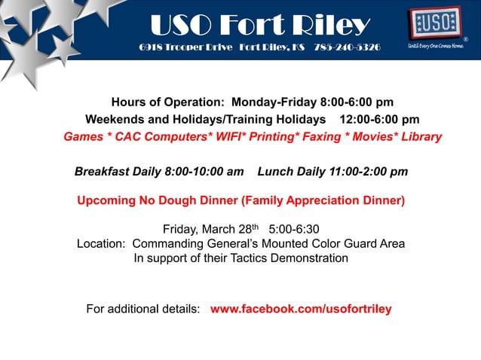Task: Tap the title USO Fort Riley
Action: pyautogui.click(x=260, y=26)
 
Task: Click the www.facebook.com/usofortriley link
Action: pyautogui.click(x=301, y=309)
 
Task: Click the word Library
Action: pyautogui.click(x=418, y=137)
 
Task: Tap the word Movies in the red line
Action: pyautogui.click(x=375, y=137)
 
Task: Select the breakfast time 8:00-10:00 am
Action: pyautogui.click(x=203, y=172)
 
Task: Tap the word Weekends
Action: pyautogui.click(x=115, y=119)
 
